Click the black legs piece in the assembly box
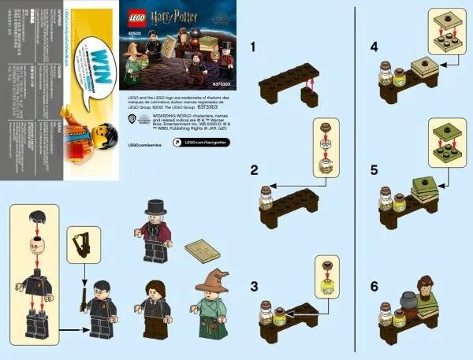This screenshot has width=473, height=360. tap(37, 323)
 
